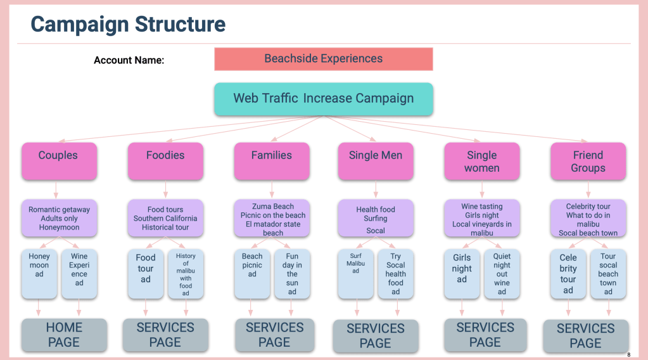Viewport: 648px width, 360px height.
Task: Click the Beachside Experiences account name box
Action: pos(323,59)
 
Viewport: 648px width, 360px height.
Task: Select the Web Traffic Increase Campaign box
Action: pos(323,99)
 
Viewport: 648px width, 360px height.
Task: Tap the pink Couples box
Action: pos(58,161)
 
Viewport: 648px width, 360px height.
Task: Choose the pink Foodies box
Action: pos(165,161)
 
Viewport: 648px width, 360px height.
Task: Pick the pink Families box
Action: pos(272,161)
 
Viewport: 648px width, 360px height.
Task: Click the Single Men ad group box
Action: pos(376,161)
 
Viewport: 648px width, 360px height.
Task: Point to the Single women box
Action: pos(482,161)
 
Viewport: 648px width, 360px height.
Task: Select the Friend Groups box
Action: pos(588,161)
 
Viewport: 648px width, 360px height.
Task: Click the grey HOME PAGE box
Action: pos(63,335)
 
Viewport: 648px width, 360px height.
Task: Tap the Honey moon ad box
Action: pos(39,273)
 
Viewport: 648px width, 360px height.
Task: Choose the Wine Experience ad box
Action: pos(79,273)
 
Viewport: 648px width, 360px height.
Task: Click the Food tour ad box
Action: pos(146,273)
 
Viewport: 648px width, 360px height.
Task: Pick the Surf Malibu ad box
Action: pos(355,273)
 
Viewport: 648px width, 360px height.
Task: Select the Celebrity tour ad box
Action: pos(568,273)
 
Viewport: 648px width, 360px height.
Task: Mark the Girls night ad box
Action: pos(462,273)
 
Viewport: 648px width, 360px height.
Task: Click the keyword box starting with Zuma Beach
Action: pos(272,219)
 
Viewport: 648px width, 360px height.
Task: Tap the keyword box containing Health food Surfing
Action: pos(376,219)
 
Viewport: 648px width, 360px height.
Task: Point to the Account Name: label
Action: pos(129,60)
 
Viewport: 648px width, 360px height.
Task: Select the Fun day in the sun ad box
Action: pos(292,273)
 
